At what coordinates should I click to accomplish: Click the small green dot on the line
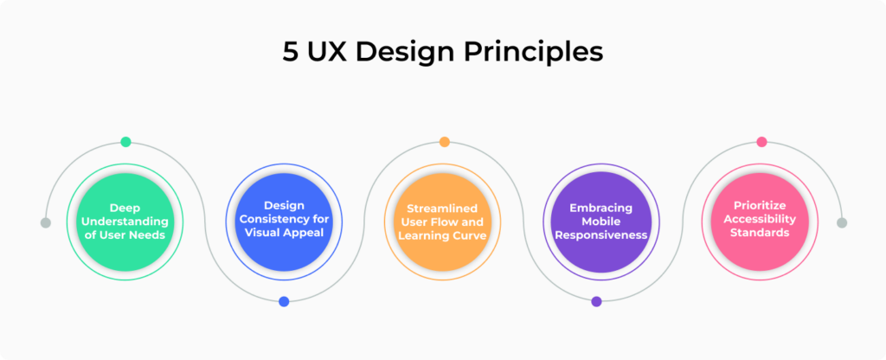tap(126, 142)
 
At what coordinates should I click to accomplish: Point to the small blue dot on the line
tap(284, 301)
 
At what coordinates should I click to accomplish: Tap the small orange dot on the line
tap(444, 142)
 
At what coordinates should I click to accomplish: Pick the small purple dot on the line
tap(596, 301)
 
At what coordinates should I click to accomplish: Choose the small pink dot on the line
tap(761, 142)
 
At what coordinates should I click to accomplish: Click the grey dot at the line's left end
tap(46, 222)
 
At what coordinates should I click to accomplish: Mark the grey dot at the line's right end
tap(842, 222)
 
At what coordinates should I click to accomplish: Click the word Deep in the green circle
tap(125, 208)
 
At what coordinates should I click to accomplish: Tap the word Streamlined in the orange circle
tap(444, 208)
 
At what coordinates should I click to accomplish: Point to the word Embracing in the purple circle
tap(600, 208)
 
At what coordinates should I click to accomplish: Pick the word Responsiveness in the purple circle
tap(600, 234)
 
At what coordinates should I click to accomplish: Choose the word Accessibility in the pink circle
tap(761, 219)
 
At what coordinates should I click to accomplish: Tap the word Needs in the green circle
tap(148, 234)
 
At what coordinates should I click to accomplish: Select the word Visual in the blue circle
tap(264, 233)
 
